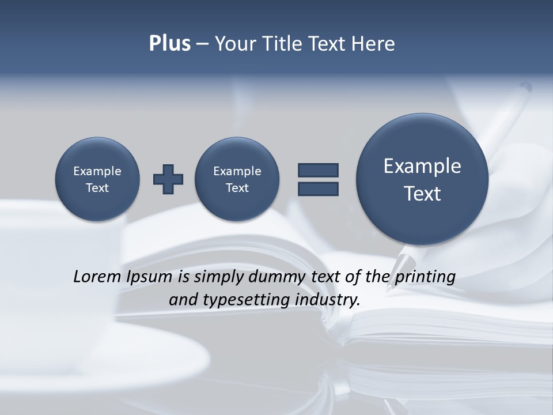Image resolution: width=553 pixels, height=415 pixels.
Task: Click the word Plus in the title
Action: tap(169, 44)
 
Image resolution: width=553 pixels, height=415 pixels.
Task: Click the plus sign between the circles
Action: tap(168, 179)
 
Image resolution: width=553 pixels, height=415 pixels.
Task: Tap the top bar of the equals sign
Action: tap(318, 170)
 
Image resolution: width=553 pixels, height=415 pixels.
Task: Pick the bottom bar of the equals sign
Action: tap(318, 188)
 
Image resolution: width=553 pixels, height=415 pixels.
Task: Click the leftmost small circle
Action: tap(97, 179)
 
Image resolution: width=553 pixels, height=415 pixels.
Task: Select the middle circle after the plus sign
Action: tap(237, 179)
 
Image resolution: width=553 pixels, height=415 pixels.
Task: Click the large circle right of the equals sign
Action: tap(422, 179)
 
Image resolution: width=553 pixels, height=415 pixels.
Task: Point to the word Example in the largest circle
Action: tap(422, 166)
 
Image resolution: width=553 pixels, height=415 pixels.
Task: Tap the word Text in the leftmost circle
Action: tap(97, 188)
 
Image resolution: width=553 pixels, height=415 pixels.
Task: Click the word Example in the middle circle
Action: tap(237, 171)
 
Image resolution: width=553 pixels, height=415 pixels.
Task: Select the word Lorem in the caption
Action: tap(94, 277)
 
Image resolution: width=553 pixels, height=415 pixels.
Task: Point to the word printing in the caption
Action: tap(426, 277)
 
